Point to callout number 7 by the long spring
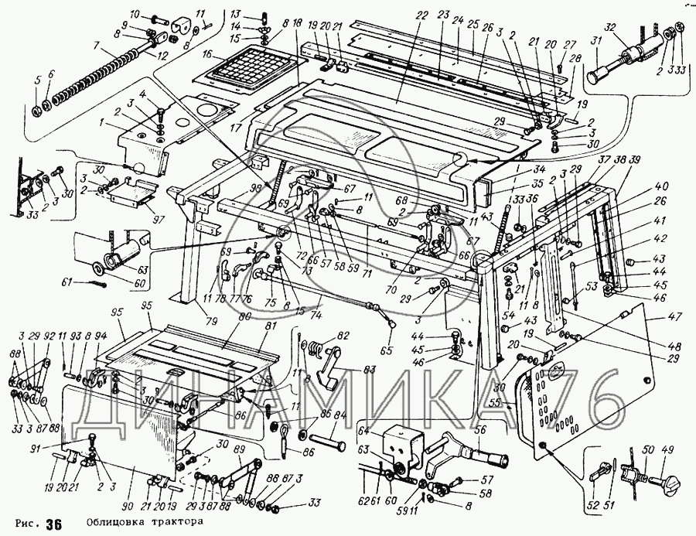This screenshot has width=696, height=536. pyautogui.click(x=97, y=46)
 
